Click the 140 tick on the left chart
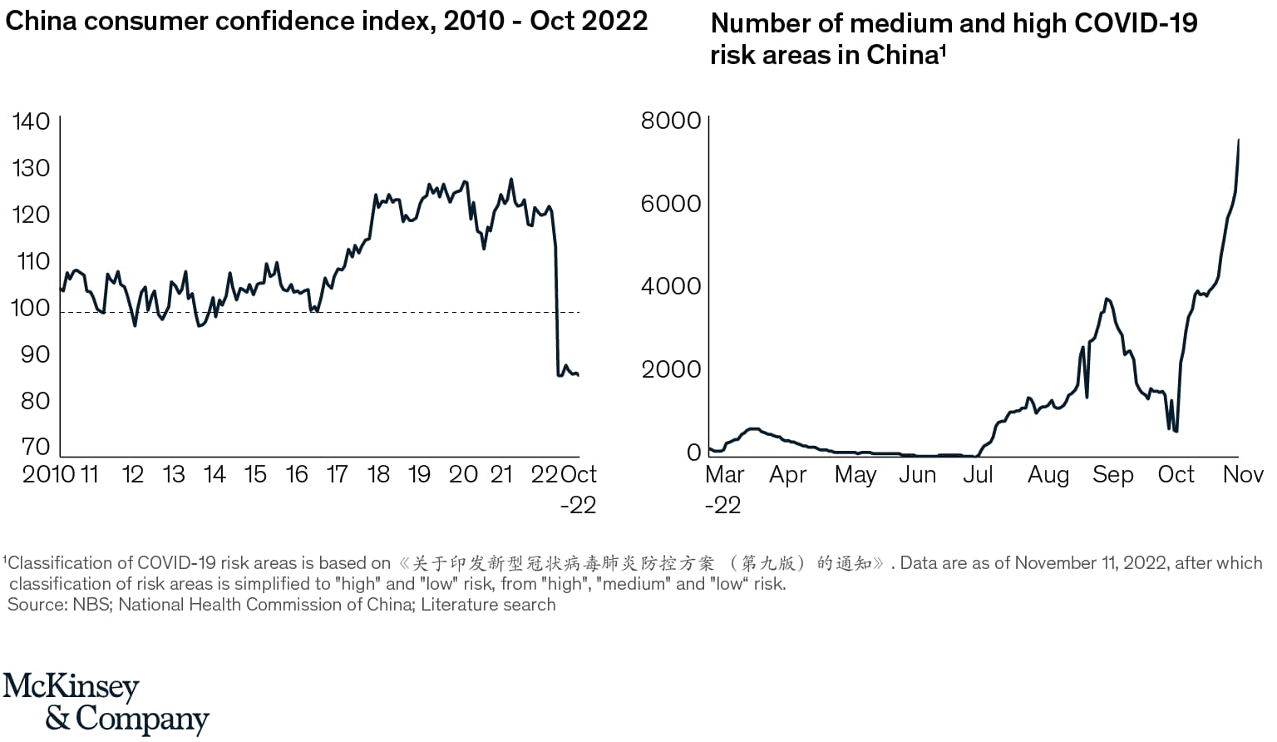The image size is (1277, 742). [31, 121]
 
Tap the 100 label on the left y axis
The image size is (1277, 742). [31, 308]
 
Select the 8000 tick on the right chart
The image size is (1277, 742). [670, 121]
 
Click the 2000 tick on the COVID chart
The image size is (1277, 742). [670, 369]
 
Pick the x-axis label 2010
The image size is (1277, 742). [49, 475]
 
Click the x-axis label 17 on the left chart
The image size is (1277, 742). [337, 475]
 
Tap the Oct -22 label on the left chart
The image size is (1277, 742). [579, 489]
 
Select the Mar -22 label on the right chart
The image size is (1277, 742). [723, 489]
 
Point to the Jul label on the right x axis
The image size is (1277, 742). [978, 475]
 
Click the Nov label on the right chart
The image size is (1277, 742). [1243, 475]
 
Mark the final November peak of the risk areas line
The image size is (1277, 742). [1239, 141]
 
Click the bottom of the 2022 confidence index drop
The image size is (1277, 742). [559, 375]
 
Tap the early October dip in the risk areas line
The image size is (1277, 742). [1175, 431]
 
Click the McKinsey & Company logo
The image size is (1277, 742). [106, 704]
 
